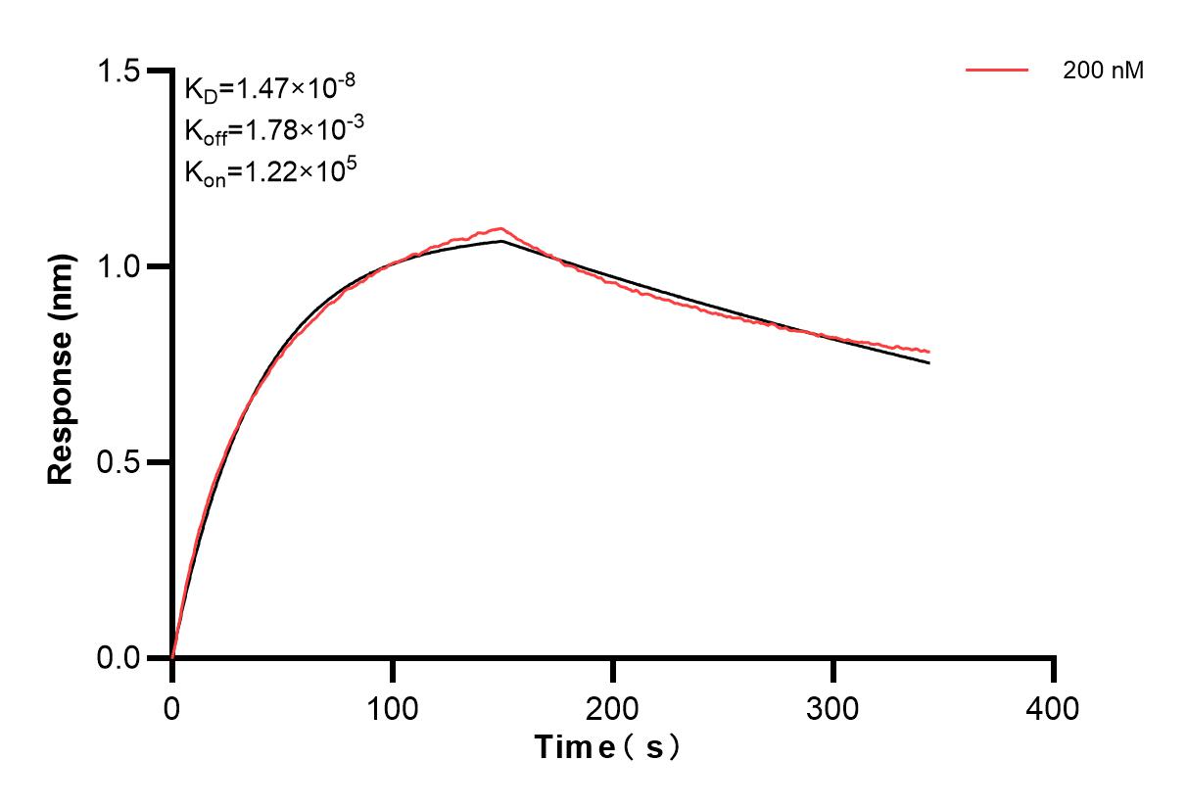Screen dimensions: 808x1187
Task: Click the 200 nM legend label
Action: pyautogui.click(x=1104, y=71)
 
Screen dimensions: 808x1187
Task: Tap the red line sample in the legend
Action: pyautogui.click(x=997, y=71)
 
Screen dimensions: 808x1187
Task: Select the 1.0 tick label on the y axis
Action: pyautogui.click(x=120, y=266)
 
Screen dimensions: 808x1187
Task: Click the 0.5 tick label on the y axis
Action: pyautogui.click(x=120, y=462)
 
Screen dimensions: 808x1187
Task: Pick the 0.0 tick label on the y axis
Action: pyautogui.click(x=120, y=657)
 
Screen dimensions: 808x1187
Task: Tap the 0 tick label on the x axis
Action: pyautogui.click(x=172, y=707)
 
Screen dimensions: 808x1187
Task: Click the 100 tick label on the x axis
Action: pyautogui.click(x=393, y=707)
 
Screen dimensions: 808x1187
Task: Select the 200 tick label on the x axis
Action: pyautogui.click(x=613, y=707)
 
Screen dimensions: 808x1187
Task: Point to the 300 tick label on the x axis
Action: pyautogui.click(x=833, y=707)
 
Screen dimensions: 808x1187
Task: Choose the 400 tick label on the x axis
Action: pyautogui.click(x=1054, y=707)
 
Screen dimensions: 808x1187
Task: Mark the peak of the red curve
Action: pyautogui.click(x=501, y=228)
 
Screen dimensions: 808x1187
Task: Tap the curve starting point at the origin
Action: pyautogui.click(x=173, y=656)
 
